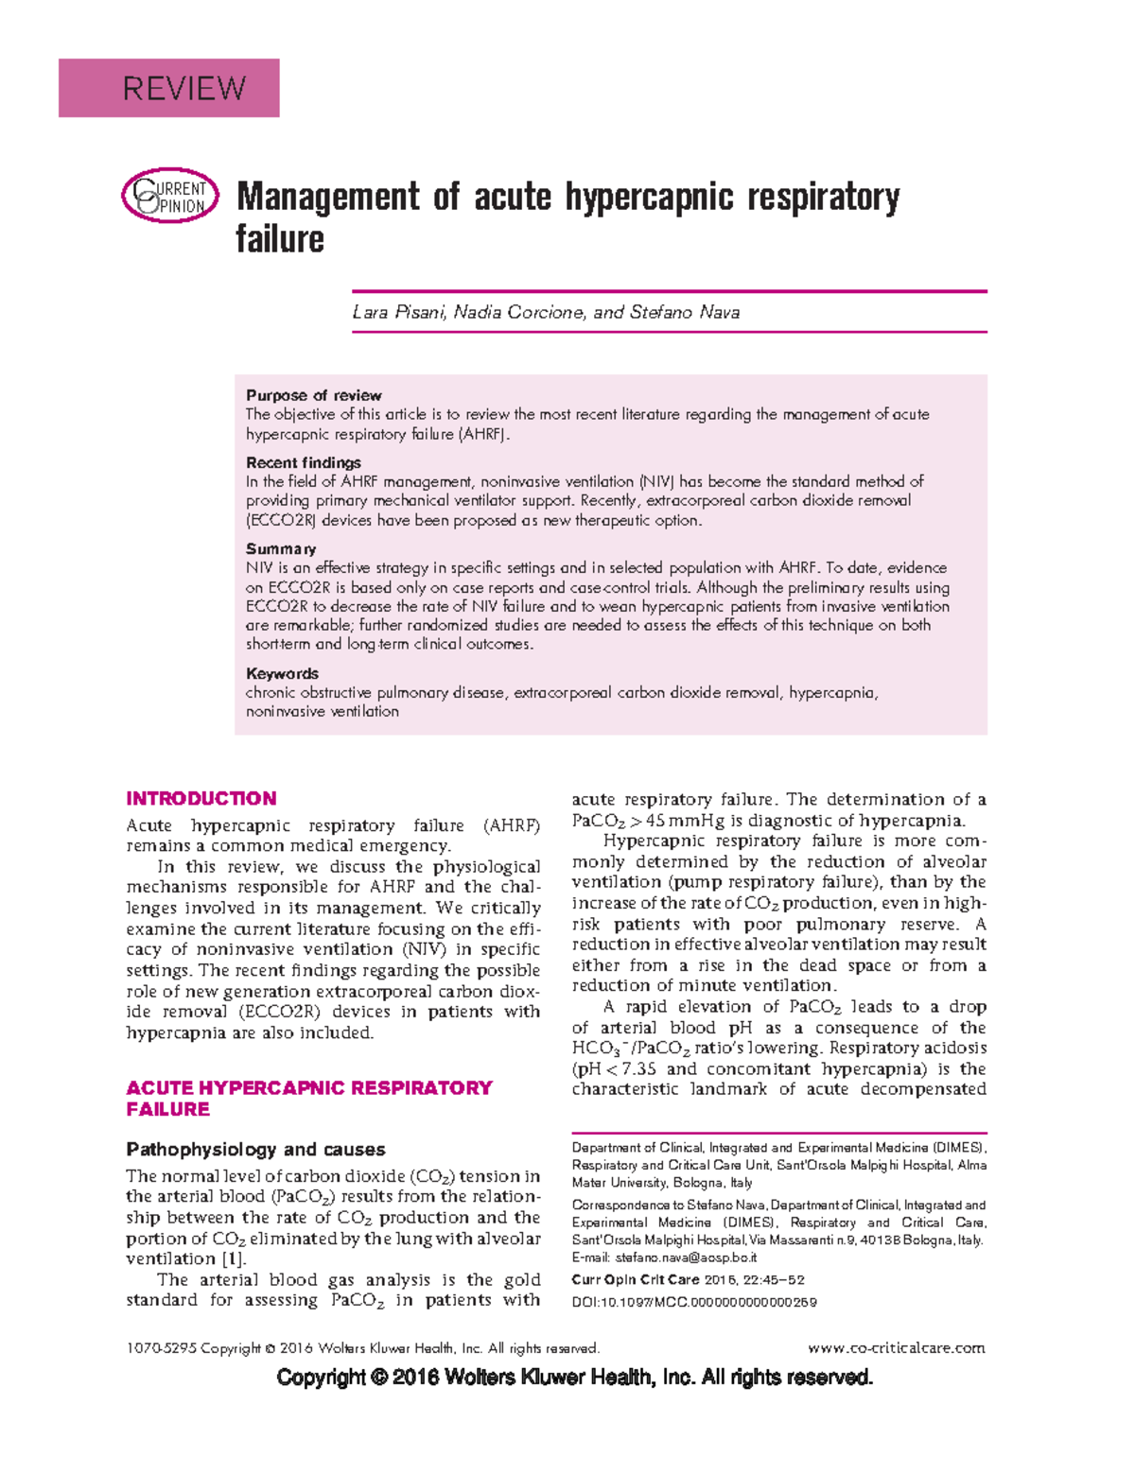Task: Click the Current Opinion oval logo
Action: [170, 197]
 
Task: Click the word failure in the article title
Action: [280, 239]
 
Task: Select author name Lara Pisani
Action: [397, 312]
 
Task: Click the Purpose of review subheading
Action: [313, 395]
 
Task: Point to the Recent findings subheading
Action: [303, 462]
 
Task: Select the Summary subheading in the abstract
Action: [281, 548]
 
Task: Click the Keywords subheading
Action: [282, 673]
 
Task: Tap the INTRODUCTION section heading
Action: [201, 798]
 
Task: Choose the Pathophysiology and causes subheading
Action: [255, 1150]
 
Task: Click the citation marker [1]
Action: [234, 1259]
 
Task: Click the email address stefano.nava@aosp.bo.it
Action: [686, 1257]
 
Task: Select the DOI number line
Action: [693, 1302]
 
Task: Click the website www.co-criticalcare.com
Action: [897, 1348]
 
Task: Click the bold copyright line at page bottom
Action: [574, 1378]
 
